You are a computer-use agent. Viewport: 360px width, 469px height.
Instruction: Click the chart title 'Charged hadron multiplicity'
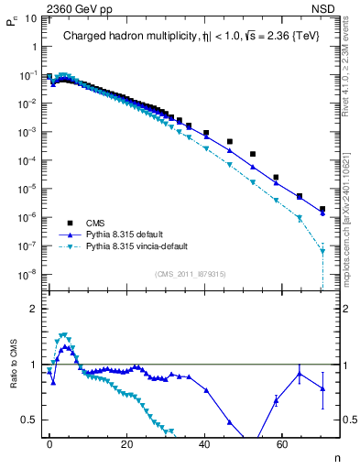click(124, 37)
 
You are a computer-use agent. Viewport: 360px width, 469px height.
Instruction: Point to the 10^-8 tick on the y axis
click(27, 274)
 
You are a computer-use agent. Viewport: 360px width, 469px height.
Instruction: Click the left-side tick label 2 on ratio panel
click(32, 310)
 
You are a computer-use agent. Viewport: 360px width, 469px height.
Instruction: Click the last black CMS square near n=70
click(322, 210)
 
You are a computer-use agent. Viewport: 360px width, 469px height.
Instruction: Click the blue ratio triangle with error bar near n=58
click(276, 398)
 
